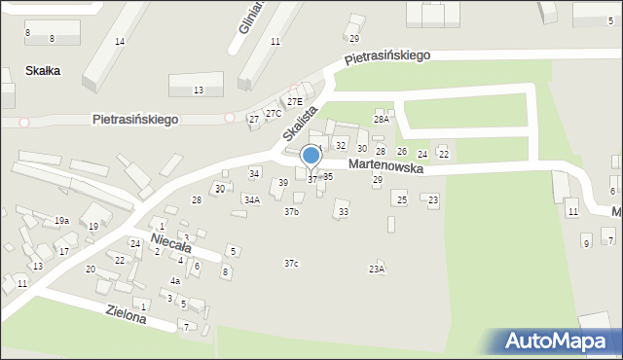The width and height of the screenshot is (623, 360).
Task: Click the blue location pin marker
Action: click(311, 157)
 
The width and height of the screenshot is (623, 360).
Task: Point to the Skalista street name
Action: click(302, 122)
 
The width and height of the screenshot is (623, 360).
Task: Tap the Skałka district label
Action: click(43, 71)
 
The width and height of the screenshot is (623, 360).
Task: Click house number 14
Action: click(119, 41)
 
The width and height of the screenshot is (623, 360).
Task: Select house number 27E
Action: click(294, 101)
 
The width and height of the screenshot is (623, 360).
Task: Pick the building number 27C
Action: click(275, 114)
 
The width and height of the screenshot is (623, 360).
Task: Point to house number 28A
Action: click(382, 119)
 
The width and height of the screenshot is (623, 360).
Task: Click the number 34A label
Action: click(251, 199)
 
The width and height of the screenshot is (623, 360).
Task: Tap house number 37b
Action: click(291, 211)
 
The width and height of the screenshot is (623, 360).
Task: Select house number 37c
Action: click(291, 264)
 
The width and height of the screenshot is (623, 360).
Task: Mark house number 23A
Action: click(376, 269)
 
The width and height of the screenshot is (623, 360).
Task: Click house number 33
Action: click(343, 211)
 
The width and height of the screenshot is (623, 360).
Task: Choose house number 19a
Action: click(61, 221)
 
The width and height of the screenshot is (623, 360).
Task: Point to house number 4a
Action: click(175, 280)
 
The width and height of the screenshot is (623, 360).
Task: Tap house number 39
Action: click(283, 183)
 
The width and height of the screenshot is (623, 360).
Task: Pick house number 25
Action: click(401, 199)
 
